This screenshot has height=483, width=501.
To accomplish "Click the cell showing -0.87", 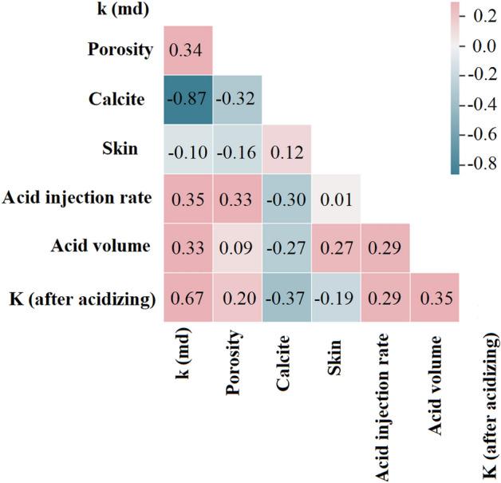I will [x=188, y=99].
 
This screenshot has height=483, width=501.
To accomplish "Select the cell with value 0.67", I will [x=188, y=299].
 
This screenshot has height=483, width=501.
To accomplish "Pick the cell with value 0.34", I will [x=188, y=50].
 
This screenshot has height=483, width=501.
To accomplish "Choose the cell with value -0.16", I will [x=237, y=149].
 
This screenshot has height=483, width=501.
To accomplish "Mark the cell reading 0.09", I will [x=237, y=248].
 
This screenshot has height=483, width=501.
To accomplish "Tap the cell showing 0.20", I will [x=237, y=299].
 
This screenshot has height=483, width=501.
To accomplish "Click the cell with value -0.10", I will [x=188, y=149].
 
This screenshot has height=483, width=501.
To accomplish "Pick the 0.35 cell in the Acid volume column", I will [x=435, y=299].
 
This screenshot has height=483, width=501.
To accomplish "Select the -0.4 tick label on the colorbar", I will [x=476, y=105].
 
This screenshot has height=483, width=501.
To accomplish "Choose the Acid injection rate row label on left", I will [x=77, y=199].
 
